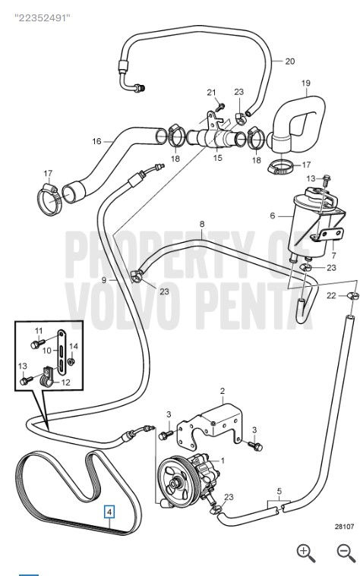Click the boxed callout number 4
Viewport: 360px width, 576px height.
tap(109, 511)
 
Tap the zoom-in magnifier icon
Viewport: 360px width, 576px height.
tap(306, 553)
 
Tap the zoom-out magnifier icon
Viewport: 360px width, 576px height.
tap(346, 553)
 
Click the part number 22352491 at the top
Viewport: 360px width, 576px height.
tap(43, 17)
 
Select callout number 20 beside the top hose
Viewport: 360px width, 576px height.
tap(290, 61)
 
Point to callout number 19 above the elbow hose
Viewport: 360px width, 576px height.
tap(306, 83)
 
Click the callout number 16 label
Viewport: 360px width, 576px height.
tap(96, 141)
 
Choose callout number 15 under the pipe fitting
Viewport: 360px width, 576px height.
tap(218, 158)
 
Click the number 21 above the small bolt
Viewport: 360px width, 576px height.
tap(211, 92)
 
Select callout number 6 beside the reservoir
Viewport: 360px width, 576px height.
tap(273, 216)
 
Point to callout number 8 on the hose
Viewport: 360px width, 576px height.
tap(202, 224)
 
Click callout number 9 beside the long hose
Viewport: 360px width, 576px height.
tap(104, 280)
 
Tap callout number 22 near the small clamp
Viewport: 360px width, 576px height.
tap(331, 295)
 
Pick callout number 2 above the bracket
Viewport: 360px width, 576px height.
tap(223, 391)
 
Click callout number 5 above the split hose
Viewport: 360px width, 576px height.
tap(279, 491)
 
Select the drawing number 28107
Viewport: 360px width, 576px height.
tap(345, 527)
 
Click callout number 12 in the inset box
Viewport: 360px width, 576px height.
tap(65, 382)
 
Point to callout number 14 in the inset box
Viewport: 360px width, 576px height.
tap(74, 346)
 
